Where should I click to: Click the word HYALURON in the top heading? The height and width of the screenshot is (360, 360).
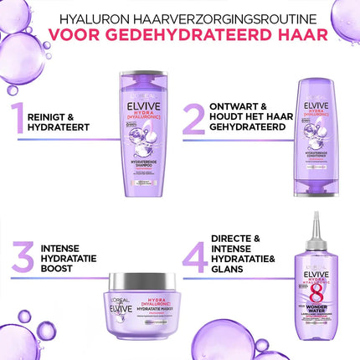88,13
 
